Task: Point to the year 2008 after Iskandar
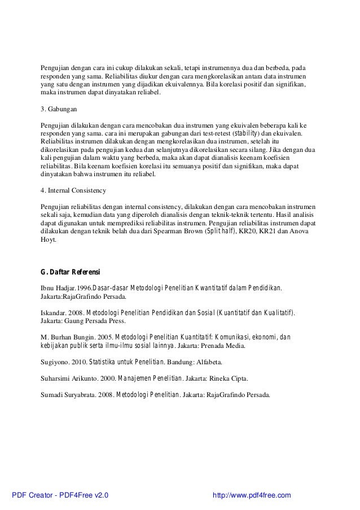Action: point(77,312)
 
